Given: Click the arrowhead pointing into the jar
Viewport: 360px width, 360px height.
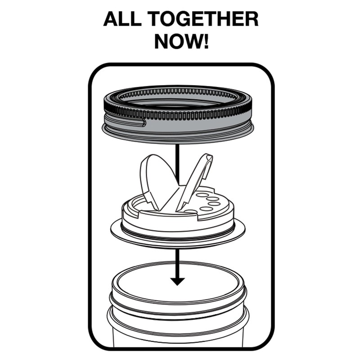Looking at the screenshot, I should (x=177, y=281).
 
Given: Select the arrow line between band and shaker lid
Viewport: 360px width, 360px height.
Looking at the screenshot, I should (x=177, y=162).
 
